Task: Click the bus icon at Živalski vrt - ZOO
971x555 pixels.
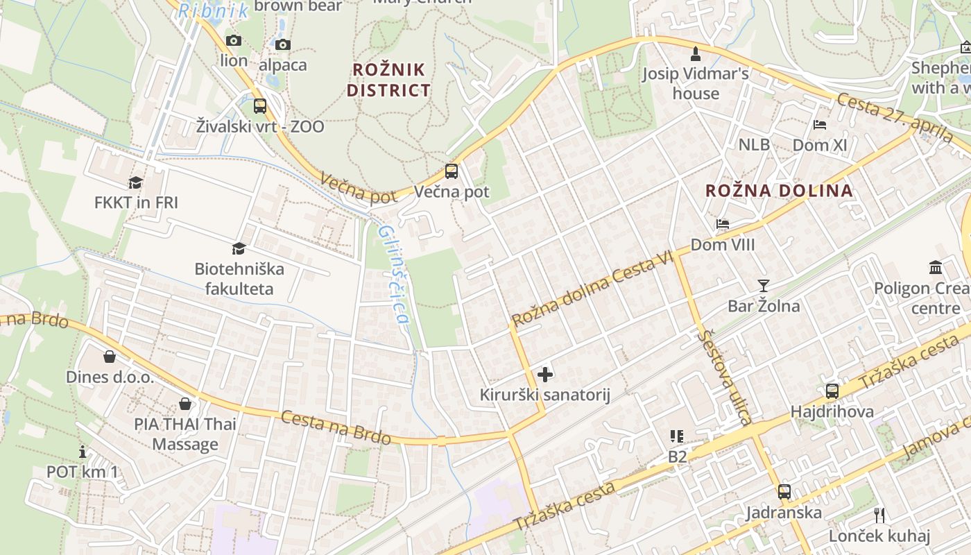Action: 259,106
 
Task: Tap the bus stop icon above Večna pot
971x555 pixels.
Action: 452,171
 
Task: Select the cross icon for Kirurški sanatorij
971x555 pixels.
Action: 545,375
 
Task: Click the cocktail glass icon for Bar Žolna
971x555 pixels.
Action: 764,285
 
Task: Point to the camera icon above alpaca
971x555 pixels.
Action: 282,45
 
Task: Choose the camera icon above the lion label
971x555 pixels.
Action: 234,40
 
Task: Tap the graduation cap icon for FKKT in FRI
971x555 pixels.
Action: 136,182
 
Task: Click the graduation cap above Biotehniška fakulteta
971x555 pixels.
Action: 239,248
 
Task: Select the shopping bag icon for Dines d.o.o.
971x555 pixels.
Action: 110,357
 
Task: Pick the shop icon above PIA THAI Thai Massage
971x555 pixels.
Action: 185,404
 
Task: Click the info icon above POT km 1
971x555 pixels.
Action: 83,452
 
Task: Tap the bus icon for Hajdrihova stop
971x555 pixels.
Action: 832,391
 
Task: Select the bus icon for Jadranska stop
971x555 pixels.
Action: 784,492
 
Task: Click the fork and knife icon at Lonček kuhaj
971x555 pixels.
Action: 879,515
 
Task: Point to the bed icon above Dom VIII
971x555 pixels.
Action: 723,224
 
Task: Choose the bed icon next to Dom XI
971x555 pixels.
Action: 820,125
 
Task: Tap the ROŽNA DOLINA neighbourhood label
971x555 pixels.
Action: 778,191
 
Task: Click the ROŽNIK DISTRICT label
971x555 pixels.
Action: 388,80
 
